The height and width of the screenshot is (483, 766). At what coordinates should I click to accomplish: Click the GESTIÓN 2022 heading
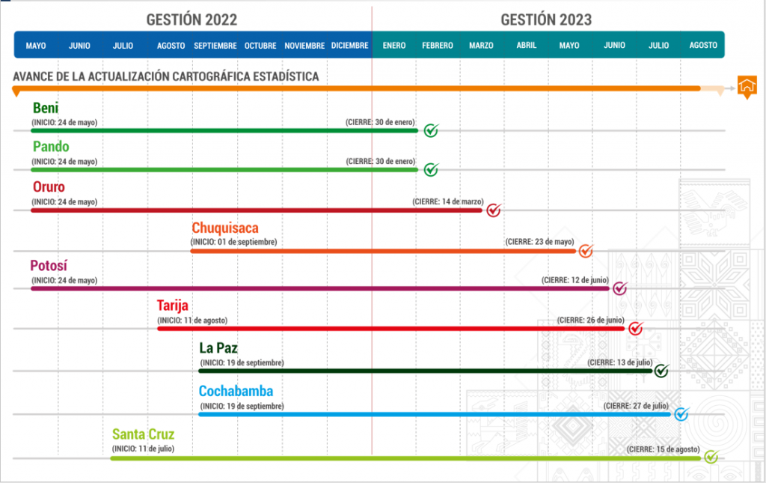(192, 19)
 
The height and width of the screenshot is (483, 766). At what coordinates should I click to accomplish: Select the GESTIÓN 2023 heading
(547, 19)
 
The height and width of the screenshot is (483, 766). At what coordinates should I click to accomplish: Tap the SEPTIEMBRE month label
(215, 46)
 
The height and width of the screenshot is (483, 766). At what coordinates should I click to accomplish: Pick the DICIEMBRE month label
(349, 46)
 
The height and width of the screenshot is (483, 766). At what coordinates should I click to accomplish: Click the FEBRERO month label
(437, 46)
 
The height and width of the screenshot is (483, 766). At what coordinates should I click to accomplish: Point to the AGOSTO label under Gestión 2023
(703, 46)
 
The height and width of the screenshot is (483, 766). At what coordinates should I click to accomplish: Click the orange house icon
(746, 86)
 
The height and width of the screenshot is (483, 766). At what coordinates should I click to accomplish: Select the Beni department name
(46, 108)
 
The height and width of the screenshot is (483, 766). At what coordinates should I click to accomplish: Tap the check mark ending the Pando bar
(431, 170)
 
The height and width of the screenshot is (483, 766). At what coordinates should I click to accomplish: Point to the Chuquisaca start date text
(233, 242)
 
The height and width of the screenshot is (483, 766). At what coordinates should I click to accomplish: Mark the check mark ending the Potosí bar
(620, 288)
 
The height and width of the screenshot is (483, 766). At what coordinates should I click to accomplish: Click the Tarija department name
(173, 306)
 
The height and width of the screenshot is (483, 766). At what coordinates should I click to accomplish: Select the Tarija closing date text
(591, 321)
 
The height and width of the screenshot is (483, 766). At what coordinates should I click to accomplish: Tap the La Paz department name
(218, 348)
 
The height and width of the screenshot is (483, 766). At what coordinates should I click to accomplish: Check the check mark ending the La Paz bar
(661, 371)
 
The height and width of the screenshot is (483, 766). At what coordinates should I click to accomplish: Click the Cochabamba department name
(236, 391)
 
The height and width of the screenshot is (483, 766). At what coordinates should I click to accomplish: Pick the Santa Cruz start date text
(143, 449)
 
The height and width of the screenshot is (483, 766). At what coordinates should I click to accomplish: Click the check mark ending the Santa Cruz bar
(711, 457)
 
